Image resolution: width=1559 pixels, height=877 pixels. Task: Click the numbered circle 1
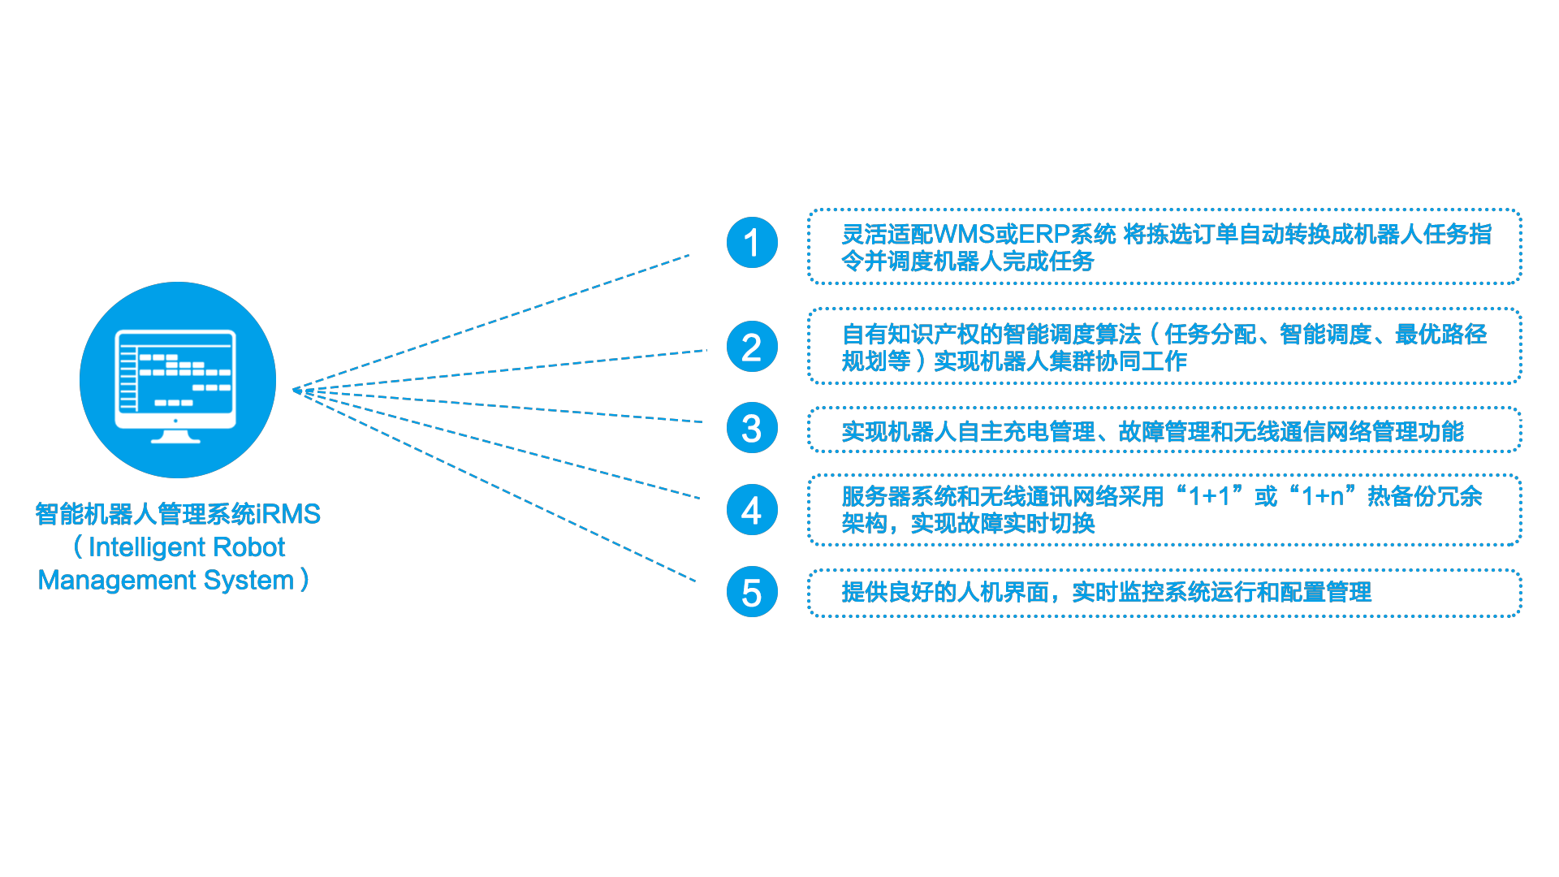click(x=752, y=243)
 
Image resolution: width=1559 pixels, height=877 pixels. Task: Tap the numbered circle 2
click(x=752, y=347)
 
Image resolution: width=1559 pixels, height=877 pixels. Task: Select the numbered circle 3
click(x=752, y=428)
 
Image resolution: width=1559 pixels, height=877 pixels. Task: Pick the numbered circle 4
click(x=752, y=510)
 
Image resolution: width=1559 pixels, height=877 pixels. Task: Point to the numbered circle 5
click(x=752, y=592)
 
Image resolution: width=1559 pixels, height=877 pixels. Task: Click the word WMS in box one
click(x=965, y=235)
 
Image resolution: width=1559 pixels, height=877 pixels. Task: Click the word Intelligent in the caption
click(x=146, y=547)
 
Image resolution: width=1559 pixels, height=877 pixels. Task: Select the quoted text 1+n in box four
click(x=1323, y=496)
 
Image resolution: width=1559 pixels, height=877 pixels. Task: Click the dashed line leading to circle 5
click(x=495, y=486)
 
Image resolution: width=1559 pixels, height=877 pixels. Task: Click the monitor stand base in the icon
click(x=176, y=439)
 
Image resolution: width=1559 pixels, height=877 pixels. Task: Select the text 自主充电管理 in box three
click(x=1027, y=432)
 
